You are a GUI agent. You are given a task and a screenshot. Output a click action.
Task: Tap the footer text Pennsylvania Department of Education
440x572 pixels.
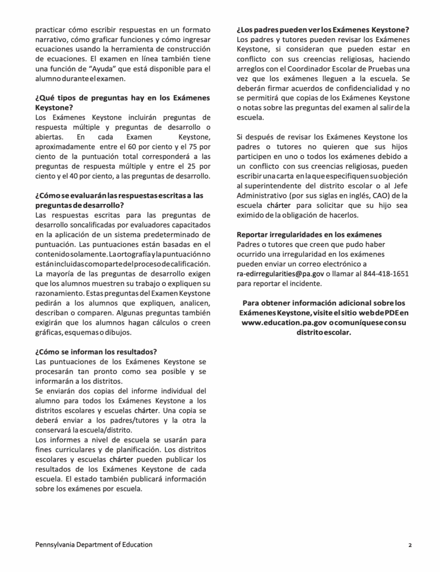click(x=93, y=545)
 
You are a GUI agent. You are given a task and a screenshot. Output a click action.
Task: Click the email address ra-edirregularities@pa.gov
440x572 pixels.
click(x=280, y=274)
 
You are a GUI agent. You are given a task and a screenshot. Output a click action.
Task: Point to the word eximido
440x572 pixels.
click(x=252, y=215)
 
